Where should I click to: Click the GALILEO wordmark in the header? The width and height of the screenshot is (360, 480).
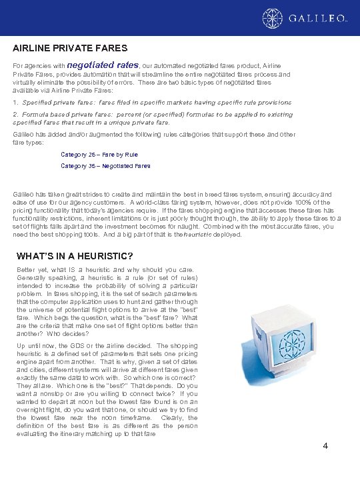[x=318, y=19]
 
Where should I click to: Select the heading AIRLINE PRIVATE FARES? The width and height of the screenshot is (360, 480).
[x=70, y=48]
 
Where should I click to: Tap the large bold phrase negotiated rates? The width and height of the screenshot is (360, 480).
[x=103, y=65]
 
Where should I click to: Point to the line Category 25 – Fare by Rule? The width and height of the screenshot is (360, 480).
[x=99, y=155]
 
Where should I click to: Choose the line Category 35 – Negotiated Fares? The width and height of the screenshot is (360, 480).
[x=105, y=166]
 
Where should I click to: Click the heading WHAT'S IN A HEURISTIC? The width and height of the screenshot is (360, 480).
[x=75, y=256]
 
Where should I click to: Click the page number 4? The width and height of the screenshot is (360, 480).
[x=325, y=445]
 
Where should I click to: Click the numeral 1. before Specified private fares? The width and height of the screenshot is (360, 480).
[x=15, y=103]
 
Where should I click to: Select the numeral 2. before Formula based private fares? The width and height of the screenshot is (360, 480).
[x=15, y=115]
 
